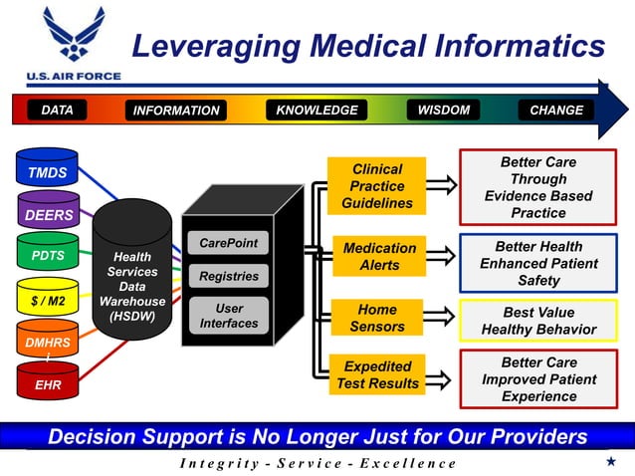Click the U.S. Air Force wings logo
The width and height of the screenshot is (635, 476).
coord(73,38)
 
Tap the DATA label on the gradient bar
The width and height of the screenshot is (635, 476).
coord(57,111)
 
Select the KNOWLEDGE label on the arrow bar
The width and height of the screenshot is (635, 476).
coord(317,111)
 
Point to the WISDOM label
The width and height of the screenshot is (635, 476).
coord(443,111)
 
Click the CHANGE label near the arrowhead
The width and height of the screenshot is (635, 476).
coord(556,111)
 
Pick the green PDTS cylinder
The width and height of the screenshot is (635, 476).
coord(47,256)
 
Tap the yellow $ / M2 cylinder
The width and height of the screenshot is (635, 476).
coord(47,299)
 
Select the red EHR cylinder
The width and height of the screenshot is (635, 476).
coord(47,383)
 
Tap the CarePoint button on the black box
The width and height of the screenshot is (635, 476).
coord(228,244)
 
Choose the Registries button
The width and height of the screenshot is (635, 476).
coord(228,277)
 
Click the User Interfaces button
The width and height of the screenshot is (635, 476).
coord(228,316)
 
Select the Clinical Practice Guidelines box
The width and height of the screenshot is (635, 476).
coord(377,186)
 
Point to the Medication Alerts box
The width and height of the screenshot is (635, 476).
coord(379,257)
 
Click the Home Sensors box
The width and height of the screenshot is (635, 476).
coord(377,319)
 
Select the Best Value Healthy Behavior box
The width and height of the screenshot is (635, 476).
coord(537,321)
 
